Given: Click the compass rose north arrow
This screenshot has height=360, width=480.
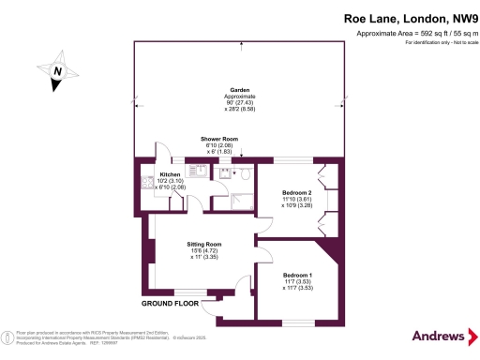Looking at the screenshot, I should click(x=57, y=71).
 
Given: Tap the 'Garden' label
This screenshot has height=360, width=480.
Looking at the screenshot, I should click(x=240, y=90).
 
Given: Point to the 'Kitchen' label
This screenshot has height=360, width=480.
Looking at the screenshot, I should click(x=170, y=174).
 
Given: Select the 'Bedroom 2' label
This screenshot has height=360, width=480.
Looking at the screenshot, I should click(x=297, y=192).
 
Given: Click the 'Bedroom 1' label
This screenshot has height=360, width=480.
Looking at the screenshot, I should click(x=297, y=275).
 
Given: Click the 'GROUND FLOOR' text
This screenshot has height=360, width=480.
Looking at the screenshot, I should click(x=171, y=304).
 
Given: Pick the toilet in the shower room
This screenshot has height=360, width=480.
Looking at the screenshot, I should click(x=243, y=172).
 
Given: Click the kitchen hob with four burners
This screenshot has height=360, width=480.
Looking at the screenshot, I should click(x=148, y=187).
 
